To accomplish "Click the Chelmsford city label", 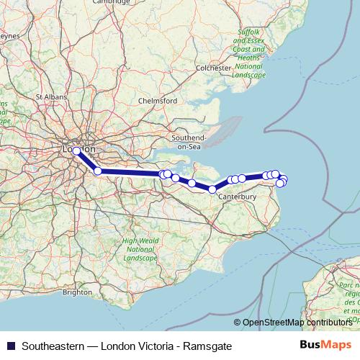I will [157, 101].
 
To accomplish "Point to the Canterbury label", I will [238, 197].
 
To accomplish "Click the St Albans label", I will [50, 95].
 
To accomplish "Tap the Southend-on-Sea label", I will [189, 141].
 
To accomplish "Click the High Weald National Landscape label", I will [140, 249].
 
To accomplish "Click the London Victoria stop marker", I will [76, 151].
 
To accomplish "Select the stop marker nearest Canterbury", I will [212, 189].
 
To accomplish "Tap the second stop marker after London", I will [163, 174].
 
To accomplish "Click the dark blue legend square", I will [9, 346].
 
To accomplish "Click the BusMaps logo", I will [325, 345].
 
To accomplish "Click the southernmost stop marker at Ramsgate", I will [280, 184].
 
